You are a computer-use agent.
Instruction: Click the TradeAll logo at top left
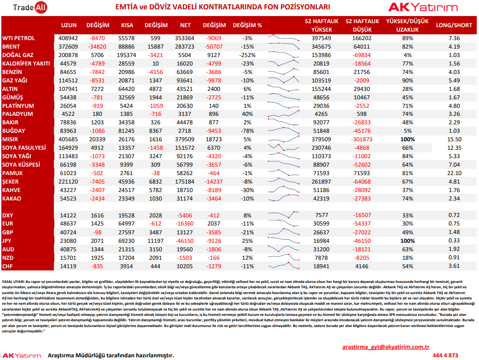point(30,7)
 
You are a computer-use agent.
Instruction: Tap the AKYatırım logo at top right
point(423,7)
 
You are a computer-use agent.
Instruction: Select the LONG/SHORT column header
point(454,25)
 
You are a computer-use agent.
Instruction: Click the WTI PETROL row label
point(18,38)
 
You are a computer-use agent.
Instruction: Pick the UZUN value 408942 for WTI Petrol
point(68,38)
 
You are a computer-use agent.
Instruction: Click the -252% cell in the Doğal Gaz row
point(247,55)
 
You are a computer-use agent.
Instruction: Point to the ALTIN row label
point(10,89)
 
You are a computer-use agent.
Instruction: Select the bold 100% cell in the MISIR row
point(408,139)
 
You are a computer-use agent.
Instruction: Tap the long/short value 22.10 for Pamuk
point(454,173)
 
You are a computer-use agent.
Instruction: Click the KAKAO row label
point(12,198)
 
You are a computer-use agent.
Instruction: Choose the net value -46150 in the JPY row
point(184,241)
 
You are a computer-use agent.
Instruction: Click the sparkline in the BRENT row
point(283,46)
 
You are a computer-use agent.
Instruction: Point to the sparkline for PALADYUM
point(283,114)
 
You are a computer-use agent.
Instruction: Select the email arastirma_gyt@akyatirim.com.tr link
point(386,347)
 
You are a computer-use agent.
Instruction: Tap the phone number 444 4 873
point(445,356)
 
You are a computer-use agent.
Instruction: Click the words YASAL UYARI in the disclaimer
point(13,282)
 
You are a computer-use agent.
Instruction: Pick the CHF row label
point(7,266)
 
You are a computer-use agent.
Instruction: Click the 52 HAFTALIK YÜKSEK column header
point(321,25)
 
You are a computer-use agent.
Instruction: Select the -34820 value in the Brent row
point(97,47)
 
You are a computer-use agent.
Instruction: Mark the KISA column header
point(127,25)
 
